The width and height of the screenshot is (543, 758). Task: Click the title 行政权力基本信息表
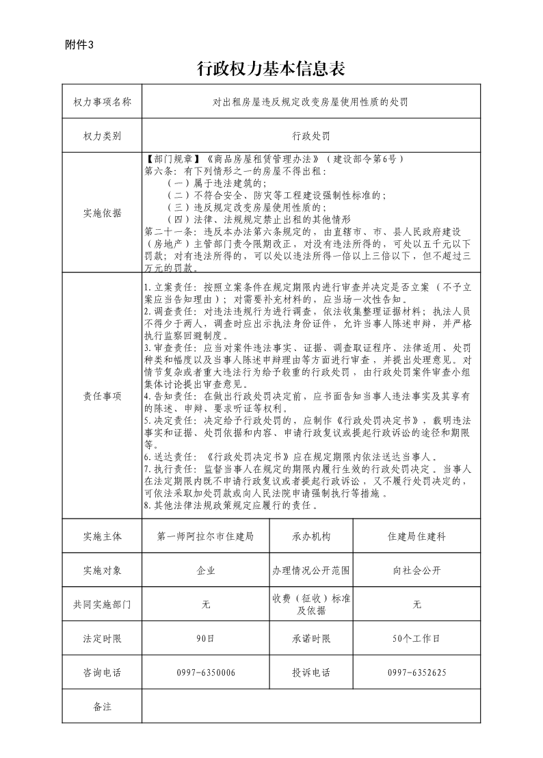coord(270,68)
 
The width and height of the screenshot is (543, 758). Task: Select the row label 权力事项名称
coord(102,102)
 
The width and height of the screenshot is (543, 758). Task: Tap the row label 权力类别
coord(102,135)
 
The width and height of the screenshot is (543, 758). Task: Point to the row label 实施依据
coord(102,213)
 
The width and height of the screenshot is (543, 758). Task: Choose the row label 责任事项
coord(102,396)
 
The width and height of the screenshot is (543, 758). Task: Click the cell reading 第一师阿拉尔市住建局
coord(205,537)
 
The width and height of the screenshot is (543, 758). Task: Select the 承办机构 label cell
coord(311,537)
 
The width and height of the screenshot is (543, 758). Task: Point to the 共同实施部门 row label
coord(102,605)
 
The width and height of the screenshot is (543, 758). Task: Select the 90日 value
coord(205,638)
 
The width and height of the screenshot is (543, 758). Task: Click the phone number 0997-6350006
coord(205,672)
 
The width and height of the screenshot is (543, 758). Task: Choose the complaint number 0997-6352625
coord(416,672)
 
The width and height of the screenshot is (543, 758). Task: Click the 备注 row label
coord(102,706)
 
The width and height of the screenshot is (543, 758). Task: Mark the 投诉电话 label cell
coord(311,672)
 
